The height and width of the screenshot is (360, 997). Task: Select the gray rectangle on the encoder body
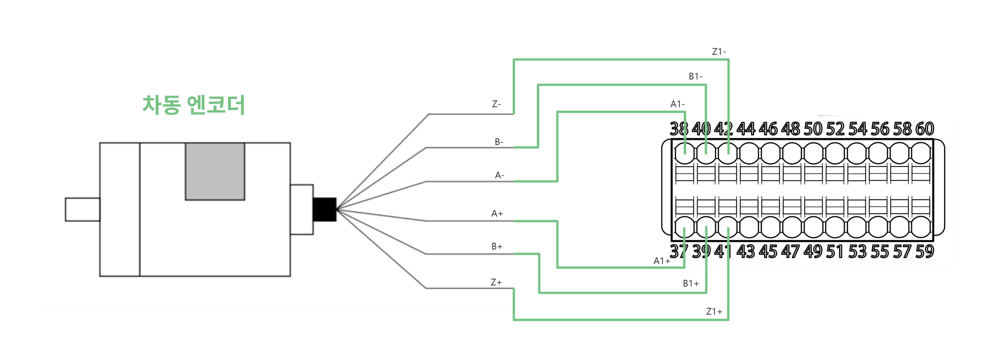(x=215, y=171)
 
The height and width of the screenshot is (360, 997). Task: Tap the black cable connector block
(x=324, y=209)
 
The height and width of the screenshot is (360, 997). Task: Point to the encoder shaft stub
(x=82, y=209)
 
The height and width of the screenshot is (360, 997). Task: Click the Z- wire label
(x=496, y=104)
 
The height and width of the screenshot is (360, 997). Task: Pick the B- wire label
(x=499, y=142)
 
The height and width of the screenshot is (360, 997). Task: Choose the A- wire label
(x=499, y=175)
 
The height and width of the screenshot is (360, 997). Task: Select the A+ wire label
(x=497, y=213)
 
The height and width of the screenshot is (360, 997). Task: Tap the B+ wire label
(x=496, y=246)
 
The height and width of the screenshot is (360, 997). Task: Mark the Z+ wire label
(x=496, y=282)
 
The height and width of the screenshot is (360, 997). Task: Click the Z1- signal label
(x=719, y=51)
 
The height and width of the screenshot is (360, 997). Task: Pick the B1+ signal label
(x=690, y=283)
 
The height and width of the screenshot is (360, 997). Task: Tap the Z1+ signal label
(x=714, y=311)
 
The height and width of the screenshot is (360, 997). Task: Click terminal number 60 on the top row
(x=925, y=128)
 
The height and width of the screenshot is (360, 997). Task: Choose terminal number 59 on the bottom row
(x=925, y=251)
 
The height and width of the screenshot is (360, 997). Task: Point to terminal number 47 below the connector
(x=790, y=251)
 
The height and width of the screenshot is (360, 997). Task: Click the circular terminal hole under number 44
(x=749, y=153)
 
